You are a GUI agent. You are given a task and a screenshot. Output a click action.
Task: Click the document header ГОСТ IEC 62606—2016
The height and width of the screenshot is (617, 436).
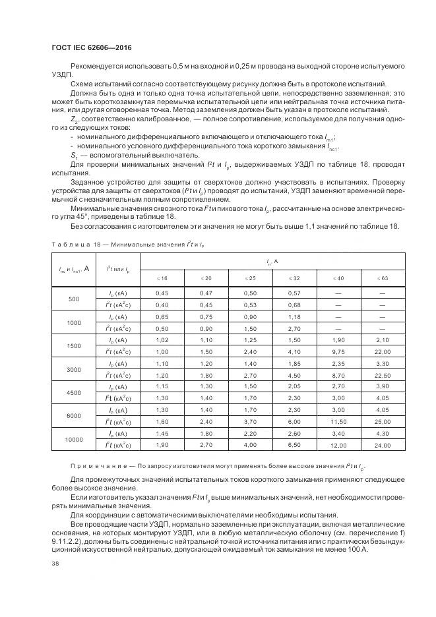[x=86, y=47]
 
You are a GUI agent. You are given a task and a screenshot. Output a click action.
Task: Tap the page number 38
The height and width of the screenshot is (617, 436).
[x=54, y=564]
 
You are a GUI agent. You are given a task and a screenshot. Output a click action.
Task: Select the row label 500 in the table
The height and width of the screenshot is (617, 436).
[x=74, y=299]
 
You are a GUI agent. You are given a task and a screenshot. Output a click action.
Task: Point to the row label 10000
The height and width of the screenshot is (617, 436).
[x=74, y=439]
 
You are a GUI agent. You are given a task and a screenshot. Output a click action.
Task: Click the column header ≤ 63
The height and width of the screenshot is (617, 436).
[x=383, y=278]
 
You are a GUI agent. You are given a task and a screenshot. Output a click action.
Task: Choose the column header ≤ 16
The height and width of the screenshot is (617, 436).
[x=162, y=278]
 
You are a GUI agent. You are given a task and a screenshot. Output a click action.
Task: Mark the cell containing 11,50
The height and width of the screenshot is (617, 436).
[x=338, y=421]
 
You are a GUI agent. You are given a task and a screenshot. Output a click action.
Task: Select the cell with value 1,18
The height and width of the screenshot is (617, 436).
[x=294, y=317]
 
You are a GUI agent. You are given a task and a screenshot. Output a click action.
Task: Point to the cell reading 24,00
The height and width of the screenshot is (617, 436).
[x=383, y=446]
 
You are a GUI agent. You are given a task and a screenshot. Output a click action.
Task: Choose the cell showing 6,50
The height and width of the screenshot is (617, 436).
[x=294, y=446]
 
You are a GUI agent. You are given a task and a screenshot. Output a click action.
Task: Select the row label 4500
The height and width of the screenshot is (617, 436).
[x=74, y=392]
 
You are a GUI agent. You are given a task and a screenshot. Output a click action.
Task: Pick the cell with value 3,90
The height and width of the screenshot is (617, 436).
[x=383, y=387]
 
